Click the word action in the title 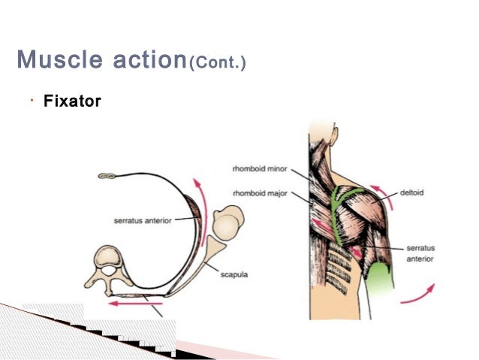tap(143, 59)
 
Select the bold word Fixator tap(72, 101)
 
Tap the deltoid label tap(412, 192)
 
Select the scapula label tap(236, 274)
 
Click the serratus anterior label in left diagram tap(143, 220)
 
